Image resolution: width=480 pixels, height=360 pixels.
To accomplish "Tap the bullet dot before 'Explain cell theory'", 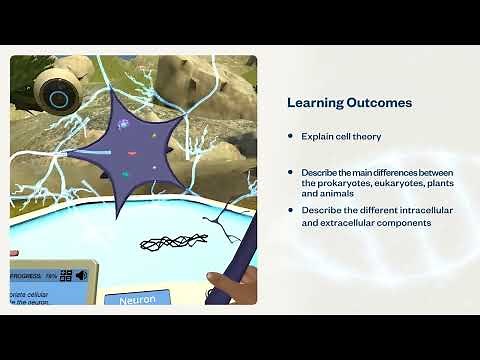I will click(x=290, y=136).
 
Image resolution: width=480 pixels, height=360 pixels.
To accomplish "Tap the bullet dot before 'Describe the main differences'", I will click(x=290, y=173).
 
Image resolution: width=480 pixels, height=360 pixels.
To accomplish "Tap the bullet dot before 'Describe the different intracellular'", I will click(x=290, y=210).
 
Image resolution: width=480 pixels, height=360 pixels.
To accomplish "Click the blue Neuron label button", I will click(x=138, y=299).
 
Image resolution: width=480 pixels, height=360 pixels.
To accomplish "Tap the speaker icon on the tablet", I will click(x=81, y=275).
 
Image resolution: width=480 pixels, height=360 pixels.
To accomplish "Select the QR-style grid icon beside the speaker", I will click(x=65, y=275).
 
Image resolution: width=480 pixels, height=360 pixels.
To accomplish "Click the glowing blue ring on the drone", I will click(x=58, y=99).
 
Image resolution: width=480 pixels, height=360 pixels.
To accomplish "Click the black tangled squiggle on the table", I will click(x=172, y=241).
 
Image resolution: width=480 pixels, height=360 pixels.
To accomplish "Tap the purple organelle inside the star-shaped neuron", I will click(x=123, y=125).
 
